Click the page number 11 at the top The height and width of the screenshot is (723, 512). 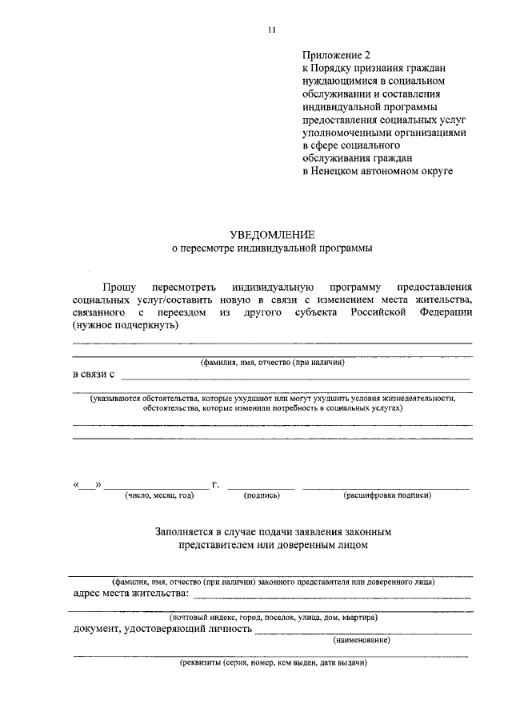point(272,30)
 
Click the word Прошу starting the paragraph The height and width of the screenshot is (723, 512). point(118,286)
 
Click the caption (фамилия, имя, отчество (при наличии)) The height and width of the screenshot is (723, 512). point(272,362)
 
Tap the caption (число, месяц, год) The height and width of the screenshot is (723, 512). point(158,495)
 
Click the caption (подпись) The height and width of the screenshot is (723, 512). point(261,495)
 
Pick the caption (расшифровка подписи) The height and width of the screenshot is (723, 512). point(387,495)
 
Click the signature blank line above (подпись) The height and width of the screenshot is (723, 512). point(261,487)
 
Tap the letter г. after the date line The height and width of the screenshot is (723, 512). point(216,483)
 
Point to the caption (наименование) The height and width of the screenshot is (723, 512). point(362,640)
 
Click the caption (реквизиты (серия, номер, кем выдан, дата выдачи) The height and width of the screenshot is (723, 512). point(272,663)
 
